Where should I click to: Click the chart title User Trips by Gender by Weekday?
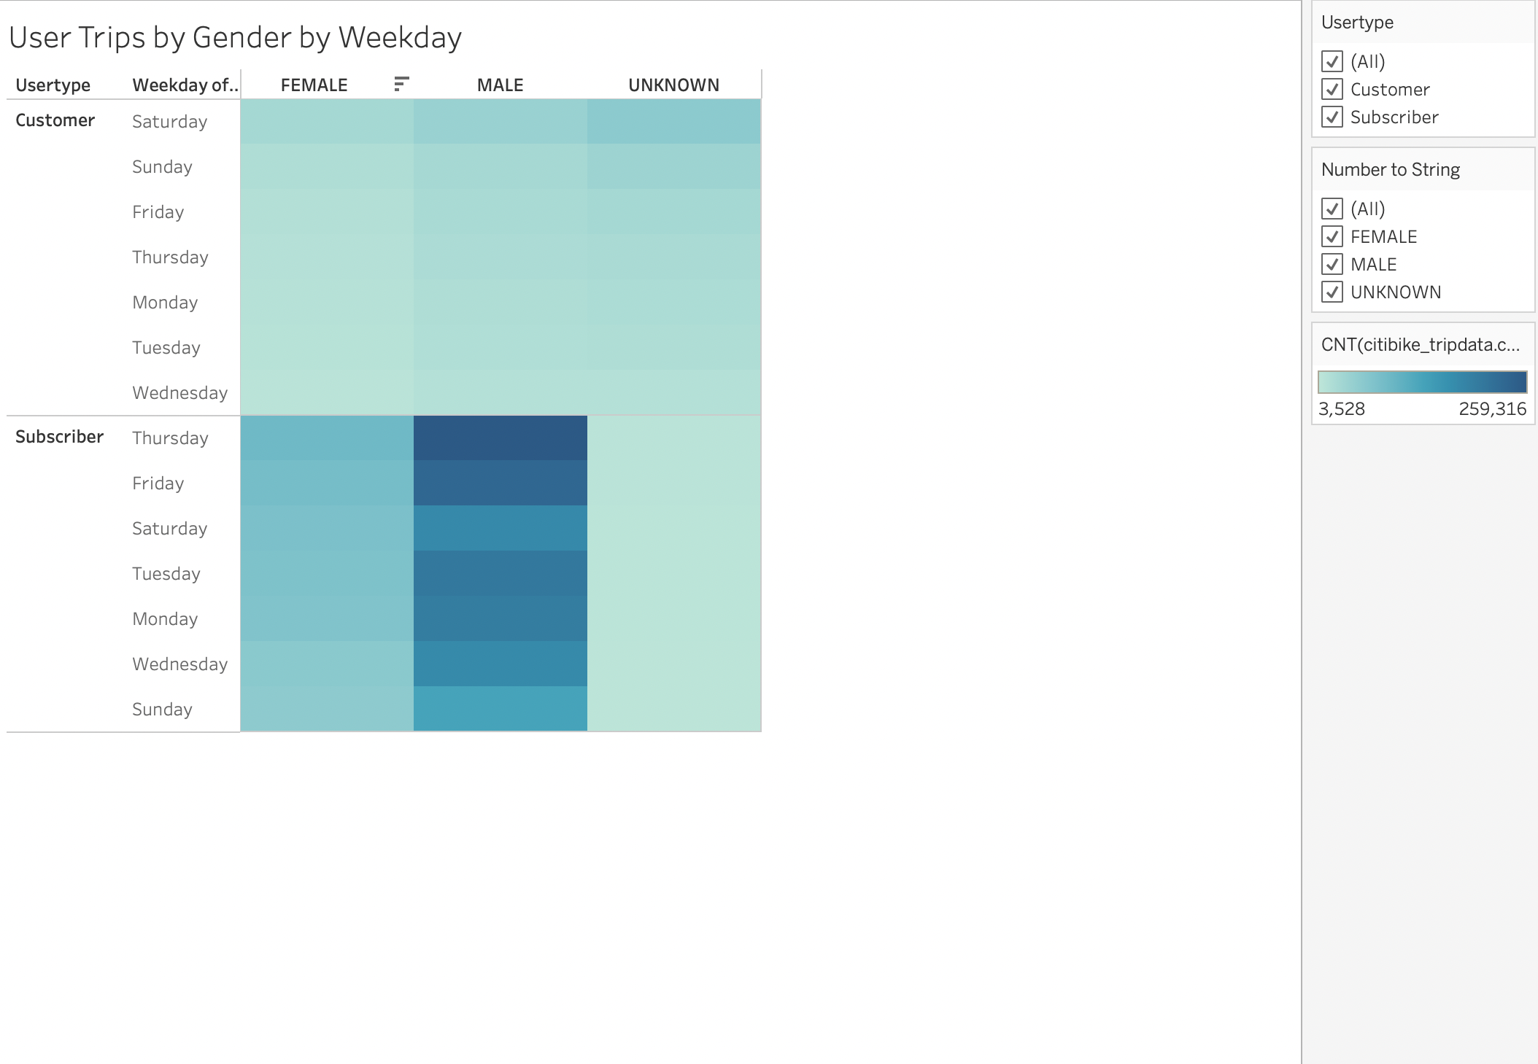coord(235,38)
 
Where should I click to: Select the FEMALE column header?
coord(314,85)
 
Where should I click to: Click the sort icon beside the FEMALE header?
coord(401,84)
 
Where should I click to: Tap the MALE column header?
coord(500,85)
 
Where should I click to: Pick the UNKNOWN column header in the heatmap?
coord(673,85)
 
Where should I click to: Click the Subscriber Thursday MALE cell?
coord(500,438)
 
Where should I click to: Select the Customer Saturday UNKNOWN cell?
coord(673,121)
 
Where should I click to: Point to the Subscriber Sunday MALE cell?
coord(500,709)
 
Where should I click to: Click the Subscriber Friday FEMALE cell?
coord(327,483)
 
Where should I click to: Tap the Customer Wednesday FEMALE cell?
coord(327,392)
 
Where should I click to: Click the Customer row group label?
coord(55,120)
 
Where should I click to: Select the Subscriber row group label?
coord(59,437)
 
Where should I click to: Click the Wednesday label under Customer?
coord(179,393)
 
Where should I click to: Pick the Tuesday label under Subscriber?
coord(166,574)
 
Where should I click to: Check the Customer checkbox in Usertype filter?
coord(1332,90)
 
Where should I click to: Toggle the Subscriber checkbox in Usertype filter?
coord(1332,117)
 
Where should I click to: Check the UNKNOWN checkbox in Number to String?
coord(1332,292)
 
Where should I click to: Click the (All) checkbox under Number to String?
coord(1332,209)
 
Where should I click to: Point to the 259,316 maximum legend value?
coord(1492,409)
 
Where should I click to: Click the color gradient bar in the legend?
coord(1422,382)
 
